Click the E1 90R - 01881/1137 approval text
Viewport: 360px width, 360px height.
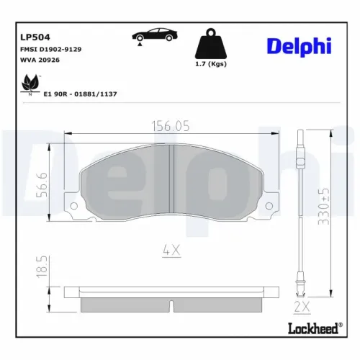[x=81, y=93]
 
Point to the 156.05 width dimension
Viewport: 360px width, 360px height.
[x=171, y=126]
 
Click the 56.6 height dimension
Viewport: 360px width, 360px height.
[x=42, y=185]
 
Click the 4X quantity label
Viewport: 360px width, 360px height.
[x=171, y=251]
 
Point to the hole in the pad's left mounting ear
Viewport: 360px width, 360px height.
[x=73, y=207]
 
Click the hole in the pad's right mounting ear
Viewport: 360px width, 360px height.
[x=268, y=207]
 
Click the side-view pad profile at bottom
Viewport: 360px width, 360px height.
[x=171, y=302]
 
